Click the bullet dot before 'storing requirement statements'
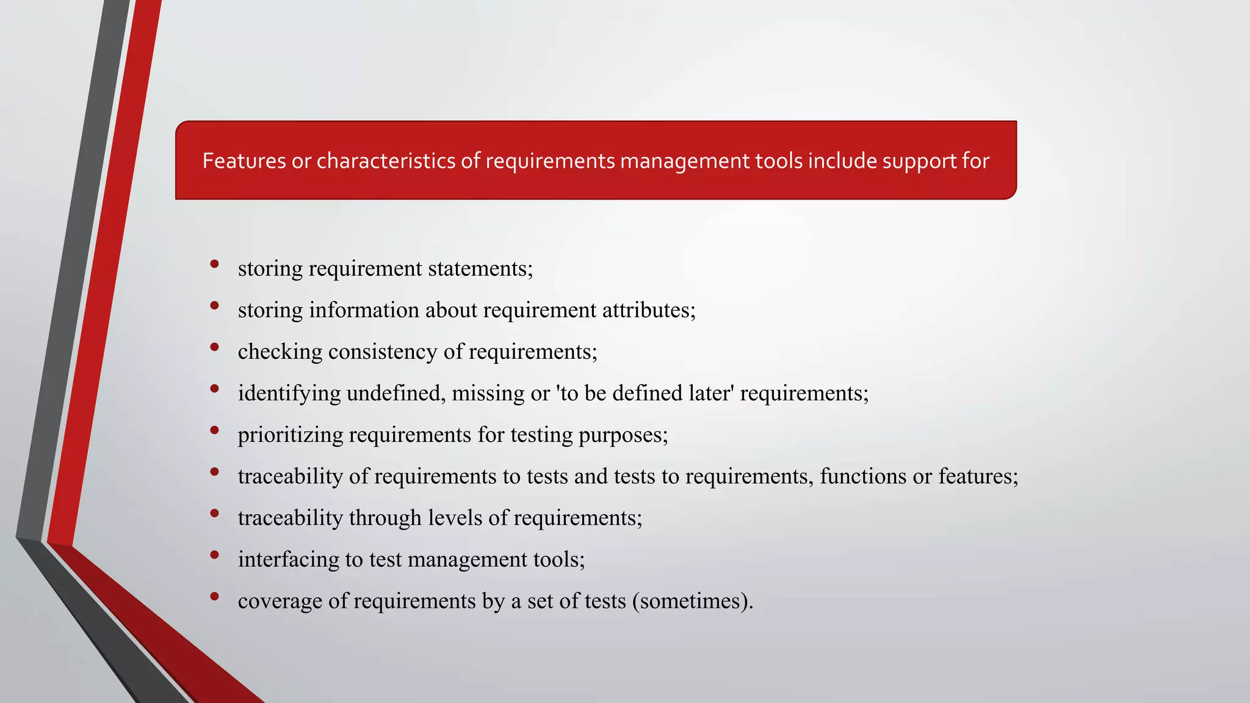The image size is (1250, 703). click(214, 264)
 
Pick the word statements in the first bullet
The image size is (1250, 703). click(480, 269)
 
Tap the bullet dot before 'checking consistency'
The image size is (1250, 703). click(214, 347)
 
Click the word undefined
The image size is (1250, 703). click(396, 393)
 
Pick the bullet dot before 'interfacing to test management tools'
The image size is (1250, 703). click(214, 554)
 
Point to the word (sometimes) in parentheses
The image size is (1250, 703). click(692, 601)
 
